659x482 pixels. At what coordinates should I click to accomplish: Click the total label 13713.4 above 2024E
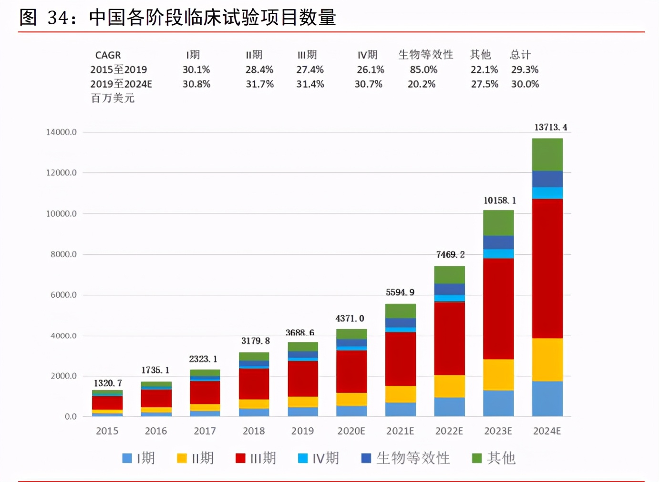pyautogui.click(x=550, y=127)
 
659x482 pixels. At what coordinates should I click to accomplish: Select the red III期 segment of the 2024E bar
pyautogui.click(x=547, y=268)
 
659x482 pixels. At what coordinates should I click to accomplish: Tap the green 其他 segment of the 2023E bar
pyautogui.click(x=498, y=222)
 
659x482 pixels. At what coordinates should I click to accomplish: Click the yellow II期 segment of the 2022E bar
pyautogui.click(x=449, y=386)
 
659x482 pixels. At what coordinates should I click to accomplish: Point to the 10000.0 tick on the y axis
pyautogui.click(x=61, y=213)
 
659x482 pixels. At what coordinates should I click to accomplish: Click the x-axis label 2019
pyautogui.click(x=302, y=431)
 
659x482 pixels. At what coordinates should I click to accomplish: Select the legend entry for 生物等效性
pyautogui.click(x=406, y=458)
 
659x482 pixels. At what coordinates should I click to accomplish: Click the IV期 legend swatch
pyautogui.click(x=303, y=458)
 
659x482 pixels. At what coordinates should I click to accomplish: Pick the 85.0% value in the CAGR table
pyautogui.click(x=423, y=70)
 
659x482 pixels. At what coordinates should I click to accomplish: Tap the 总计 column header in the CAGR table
pyautogui.click(x=520, y=55)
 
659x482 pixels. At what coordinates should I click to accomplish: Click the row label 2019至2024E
pyautogui.click(x=121, y=84)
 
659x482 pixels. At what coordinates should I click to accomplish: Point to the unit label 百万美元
pyautogui.click(x=113, y=98)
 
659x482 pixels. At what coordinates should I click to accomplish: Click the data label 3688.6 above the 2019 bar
pyautogui.click(x=299, y=332)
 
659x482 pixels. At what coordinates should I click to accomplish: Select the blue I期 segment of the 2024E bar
pyautogui.click(x=547, y=398)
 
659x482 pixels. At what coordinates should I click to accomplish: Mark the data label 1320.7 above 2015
pyautogui.click(x=108, y=383)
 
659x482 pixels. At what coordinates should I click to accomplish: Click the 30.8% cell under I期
pyautogui.click(x=196, y=84)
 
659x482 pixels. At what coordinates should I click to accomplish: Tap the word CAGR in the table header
pyautogui.click(x=108, y=55)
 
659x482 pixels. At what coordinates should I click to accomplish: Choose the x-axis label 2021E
pyautogui.click(x=400, y=431)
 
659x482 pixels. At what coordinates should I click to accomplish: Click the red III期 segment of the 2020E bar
pyautogui.click(x=351, y=371)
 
